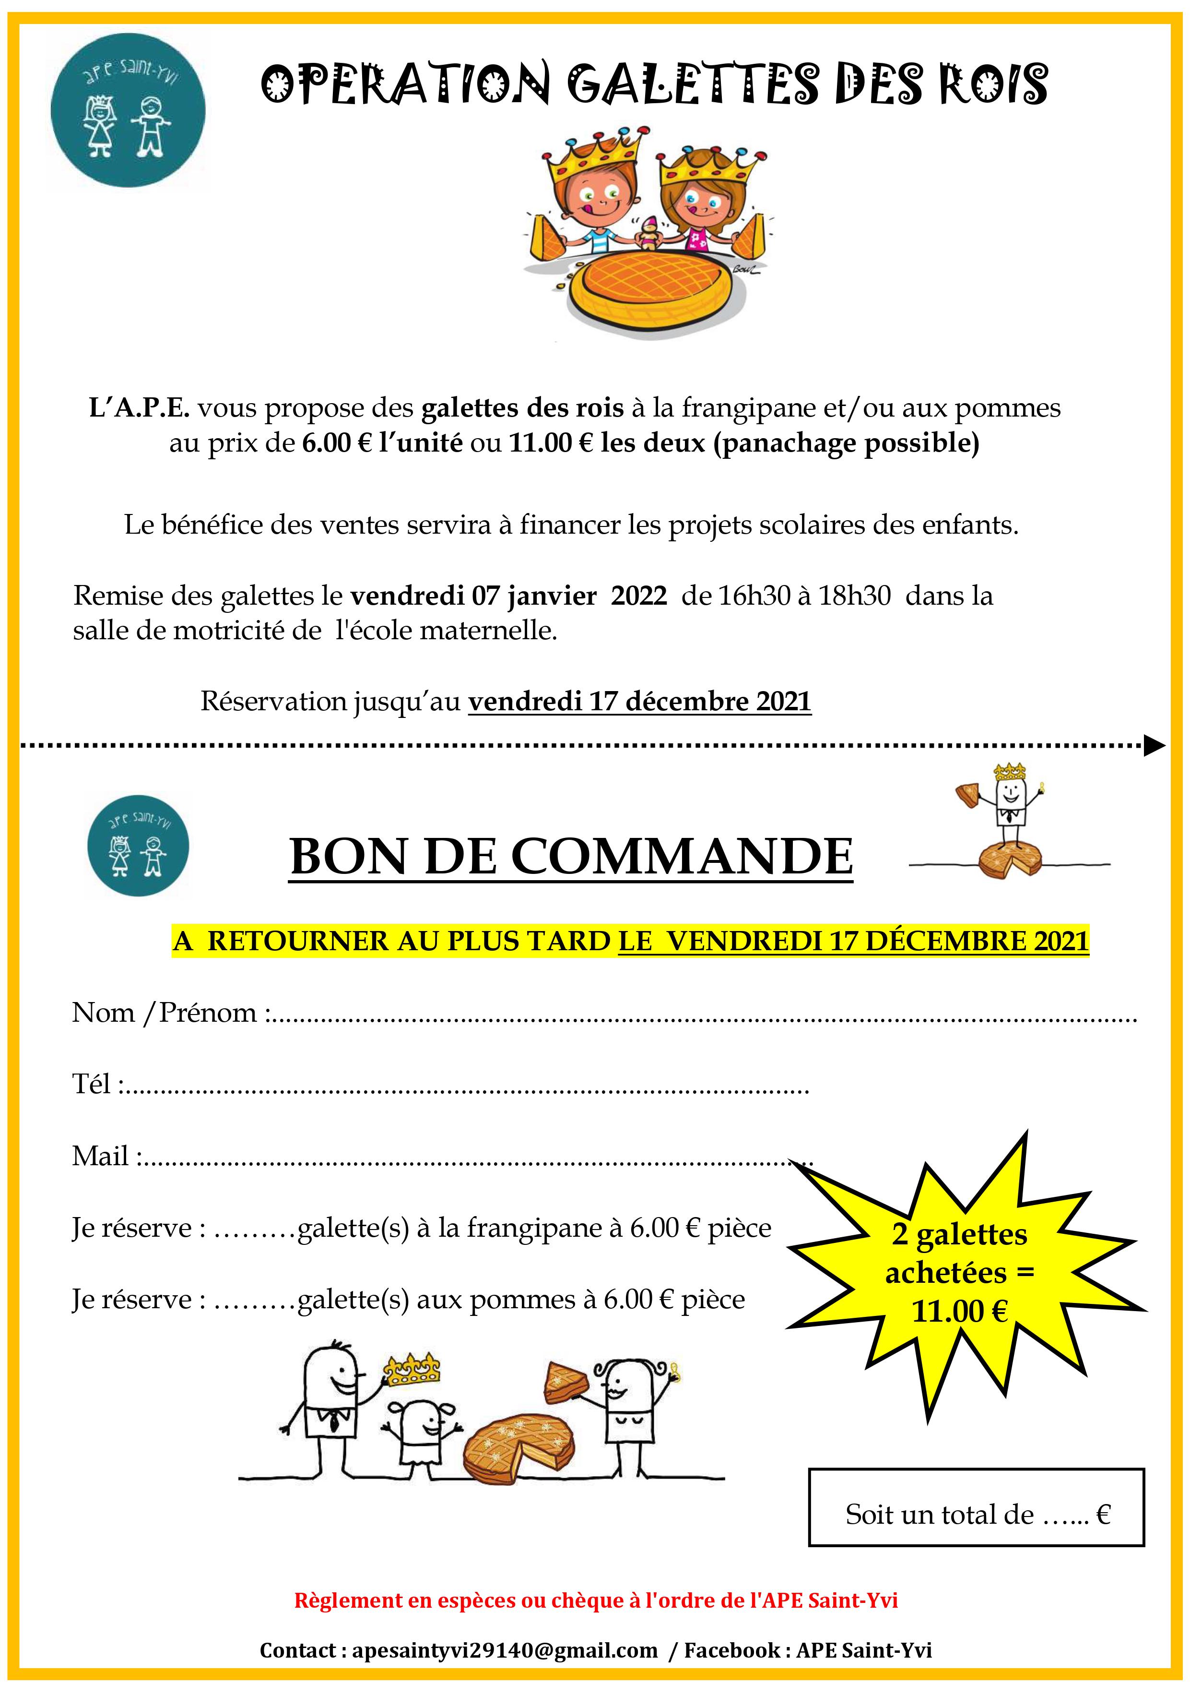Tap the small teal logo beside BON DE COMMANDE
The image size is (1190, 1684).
click(138, 846)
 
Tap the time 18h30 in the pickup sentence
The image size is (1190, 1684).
click(854, 596)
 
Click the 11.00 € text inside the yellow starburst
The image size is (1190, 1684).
click(959, 1311)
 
